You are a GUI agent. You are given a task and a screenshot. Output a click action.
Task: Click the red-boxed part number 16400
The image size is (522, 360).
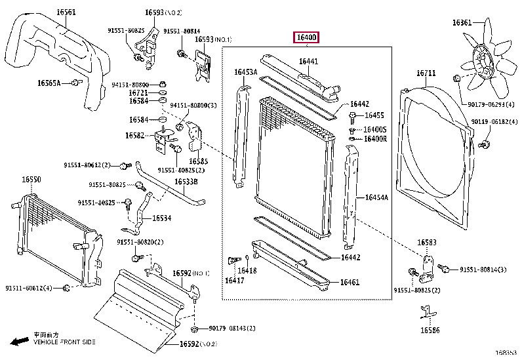point(306,38)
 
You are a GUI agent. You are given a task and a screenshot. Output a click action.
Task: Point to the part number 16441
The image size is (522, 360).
point(309,62)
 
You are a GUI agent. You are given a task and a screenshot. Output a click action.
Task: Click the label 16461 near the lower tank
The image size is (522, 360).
point(350,283)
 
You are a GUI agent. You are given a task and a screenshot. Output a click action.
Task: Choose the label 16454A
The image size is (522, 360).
point(376,197)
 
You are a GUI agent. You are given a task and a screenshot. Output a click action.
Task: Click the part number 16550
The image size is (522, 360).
point(31,179)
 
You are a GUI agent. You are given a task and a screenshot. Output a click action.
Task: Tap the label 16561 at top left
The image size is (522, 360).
point(66,12)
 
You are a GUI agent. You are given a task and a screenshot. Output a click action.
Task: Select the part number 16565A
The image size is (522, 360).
point(49,83)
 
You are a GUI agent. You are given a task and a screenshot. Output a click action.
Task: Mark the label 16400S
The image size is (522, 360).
point(375,129)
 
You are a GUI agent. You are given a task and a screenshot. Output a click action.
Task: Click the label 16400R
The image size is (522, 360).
point(375,138)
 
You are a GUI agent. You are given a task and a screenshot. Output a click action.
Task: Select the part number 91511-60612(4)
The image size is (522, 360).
point(30,288)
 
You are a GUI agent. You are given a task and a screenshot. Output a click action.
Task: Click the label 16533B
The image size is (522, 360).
point(186,182)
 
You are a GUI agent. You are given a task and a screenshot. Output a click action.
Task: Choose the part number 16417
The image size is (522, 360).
point(234,281)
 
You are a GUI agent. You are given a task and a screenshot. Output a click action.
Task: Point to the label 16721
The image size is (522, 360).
point(138,93)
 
